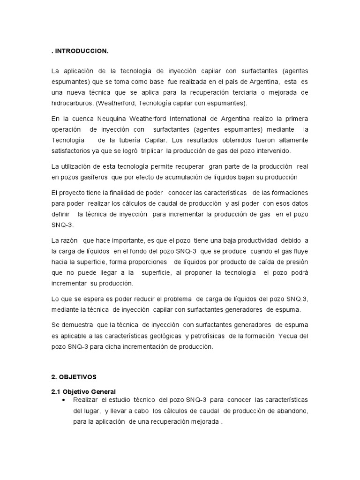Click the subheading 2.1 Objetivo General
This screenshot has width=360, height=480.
83,391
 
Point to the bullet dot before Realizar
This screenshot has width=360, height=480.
63,400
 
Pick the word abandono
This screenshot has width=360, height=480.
292,411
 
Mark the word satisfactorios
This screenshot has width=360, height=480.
73,150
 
